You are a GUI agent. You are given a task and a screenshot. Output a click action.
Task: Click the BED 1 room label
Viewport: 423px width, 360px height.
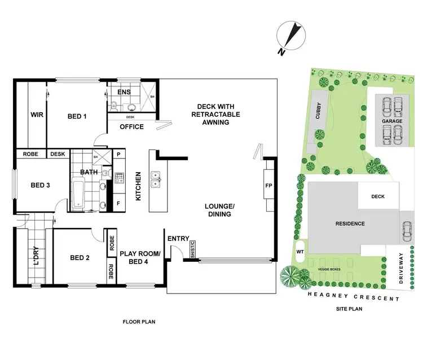(77, 116)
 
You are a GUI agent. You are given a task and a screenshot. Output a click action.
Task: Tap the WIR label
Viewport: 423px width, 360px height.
(37, 116)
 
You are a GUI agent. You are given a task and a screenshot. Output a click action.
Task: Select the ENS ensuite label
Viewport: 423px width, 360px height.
(124, 92)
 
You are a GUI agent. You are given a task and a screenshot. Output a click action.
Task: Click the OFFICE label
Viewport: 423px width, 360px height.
(131, 126)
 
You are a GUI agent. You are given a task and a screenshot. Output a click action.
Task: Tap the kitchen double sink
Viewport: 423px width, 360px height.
(156, 180)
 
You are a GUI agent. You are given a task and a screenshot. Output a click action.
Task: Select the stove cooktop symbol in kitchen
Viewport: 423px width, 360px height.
(120, 179)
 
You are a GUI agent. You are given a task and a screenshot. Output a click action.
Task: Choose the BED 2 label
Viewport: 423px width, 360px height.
(80, 258)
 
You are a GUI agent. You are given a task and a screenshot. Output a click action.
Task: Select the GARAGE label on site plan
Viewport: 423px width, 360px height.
(391, 121)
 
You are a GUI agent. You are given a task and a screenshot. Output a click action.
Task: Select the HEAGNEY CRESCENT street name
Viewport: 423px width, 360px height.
(354, 297)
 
